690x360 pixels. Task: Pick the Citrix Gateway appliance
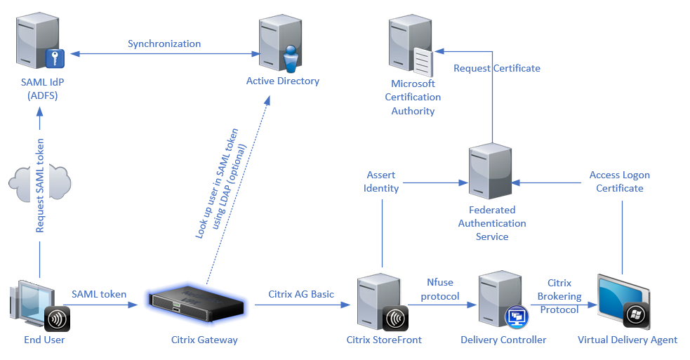point(199,302)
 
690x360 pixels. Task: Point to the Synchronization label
point(164,44)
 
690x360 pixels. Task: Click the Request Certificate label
point(497,69)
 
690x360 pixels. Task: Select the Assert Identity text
point(382,182)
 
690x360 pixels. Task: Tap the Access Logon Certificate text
point(620,182)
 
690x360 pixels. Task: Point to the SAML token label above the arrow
point(99,294)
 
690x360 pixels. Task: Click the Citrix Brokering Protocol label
point(559,296)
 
